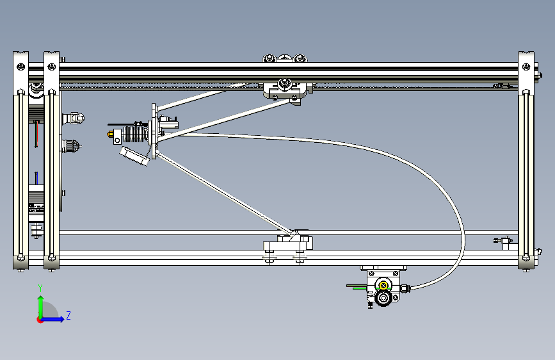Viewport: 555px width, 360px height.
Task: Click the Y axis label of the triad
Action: point(40,288)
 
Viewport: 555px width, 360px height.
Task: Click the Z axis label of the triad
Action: point(68,315)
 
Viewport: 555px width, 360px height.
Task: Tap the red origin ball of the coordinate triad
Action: point(40,319)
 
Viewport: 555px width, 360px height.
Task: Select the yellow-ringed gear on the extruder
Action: point(383,286)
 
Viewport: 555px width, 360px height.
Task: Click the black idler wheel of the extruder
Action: point(384,298)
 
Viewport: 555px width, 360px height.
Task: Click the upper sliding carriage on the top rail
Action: point(286,90)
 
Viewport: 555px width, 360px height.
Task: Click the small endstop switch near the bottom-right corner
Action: point(504,241)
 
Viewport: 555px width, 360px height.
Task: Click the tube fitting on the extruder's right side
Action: point(405,287)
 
